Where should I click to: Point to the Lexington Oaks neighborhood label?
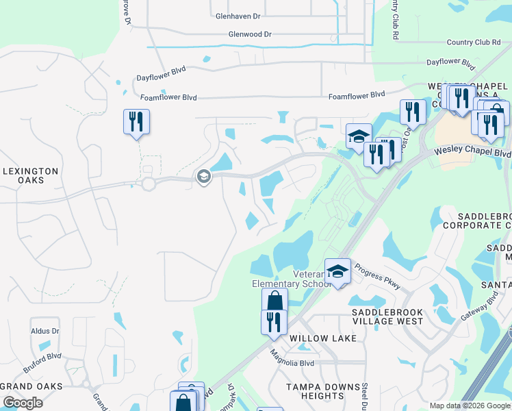click(x=30, y=175)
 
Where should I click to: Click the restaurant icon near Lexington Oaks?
click(x=136, y=122)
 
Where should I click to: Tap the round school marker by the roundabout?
click(x=203, y=177)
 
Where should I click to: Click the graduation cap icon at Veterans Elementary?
click(x=337, y=271)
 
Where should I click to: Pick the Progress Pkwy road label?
click(x=377, y=278)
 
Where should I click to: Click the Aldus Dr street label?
click(x=45, y=331)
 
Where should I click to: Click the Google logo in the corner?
click(x=23, y=403)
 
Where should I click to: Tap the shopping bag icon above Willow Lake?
click(x=274, y=300)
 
